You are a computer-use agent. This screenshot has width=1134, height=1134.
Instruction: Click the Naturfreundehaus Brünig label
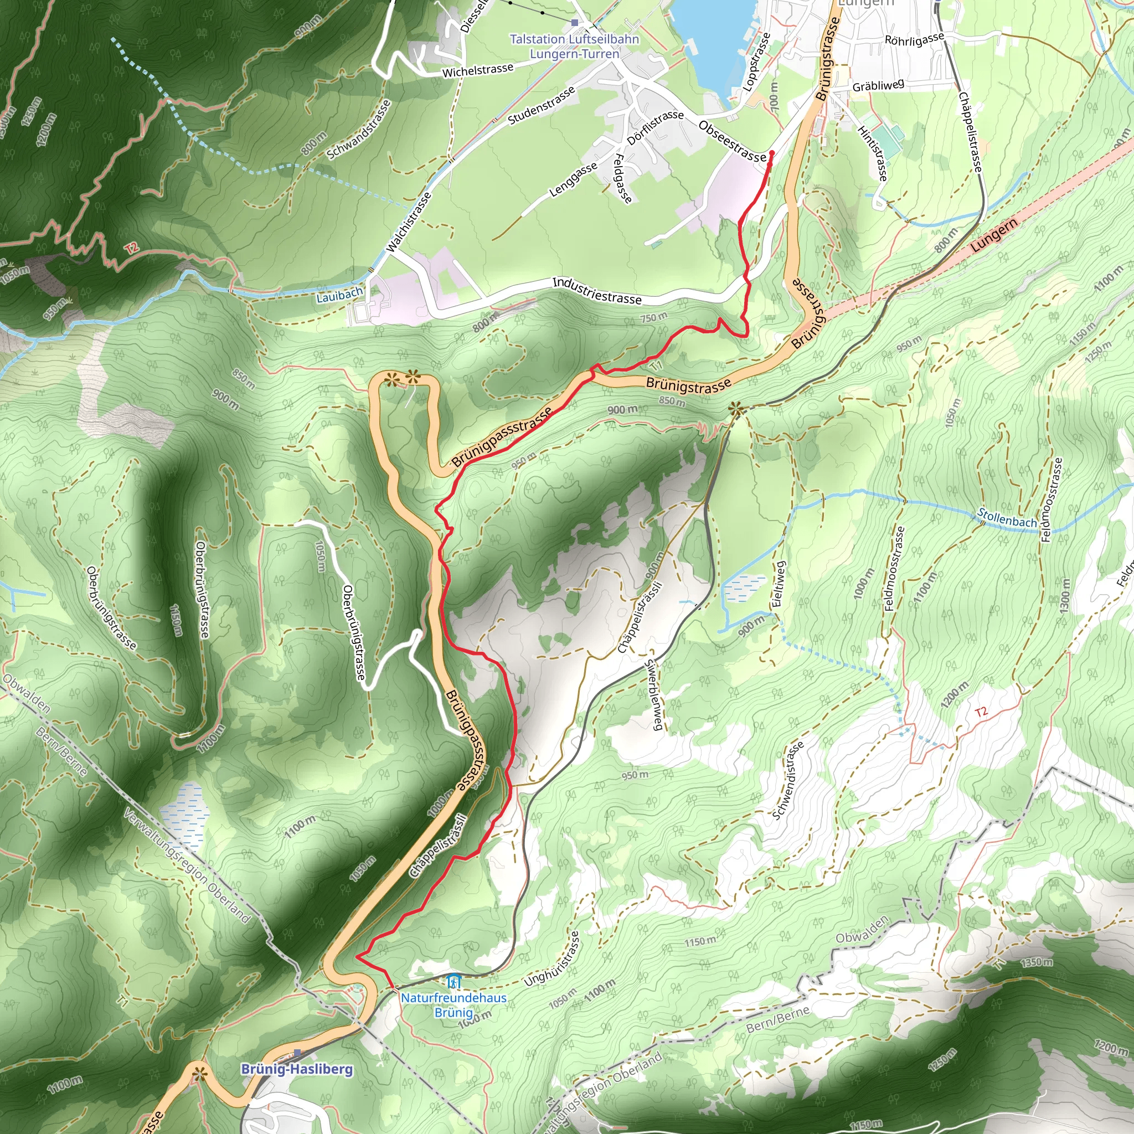click(453, 1005)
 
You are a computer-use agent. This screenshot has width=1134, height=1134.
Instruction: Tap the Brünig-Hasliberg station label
click(297, 1069)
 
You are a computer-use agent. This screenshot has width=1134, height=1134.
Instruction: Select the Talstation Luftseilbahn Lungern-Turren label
click(574, 47)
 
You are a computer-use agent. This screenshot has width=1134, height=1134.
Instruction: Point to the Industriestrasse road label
click(597, 291)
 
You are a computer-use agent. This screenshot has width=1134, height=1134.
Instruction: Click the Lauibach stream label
click(339, 295)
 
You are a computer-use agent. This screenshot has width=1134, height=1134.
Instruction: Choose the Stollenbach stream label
click(1007, 518)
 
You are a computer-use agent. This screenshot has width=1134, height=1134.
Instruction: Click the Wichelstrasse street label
click(478, 70)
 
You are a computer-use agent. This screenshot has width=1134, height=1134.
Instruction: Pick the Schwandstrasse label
click(359, 129)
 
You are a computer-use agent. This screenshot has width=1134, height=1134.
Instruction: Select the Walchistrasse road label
click(409, 223)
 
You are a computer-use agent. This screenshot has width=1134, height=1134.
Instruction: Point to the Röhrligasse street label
click(914, 39)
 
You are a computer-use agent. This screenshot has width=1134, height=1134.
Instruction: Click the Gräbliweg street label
click(878, 86)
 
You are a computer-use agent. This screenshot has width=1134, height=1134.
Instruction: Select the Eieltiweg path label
click(779, 584)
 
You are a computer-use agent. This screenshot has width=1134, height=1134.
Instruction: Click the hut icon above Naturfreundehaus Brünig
click(453, 981)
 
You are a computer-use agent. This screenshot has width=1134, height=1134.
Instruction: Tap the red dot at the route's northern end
click(771, 153)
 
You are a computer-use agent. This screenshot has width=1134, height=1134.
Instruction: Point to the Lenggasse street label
click(573, 179)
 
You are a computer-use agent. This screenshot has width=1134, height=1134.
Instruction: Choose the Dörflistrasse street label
click(655, 127)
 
